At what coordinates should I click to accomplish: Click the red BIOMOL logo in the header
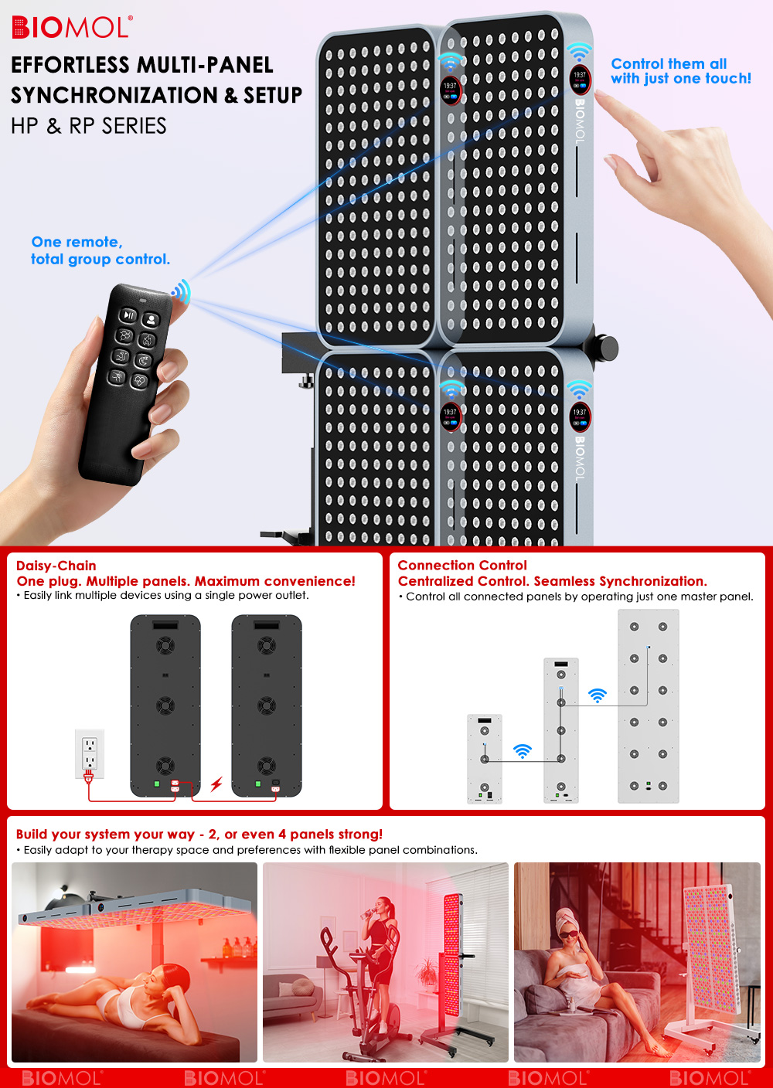72,27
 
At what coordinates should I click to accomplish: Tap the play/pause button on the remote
128,315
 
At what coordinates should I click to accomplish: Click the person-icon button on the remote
151,319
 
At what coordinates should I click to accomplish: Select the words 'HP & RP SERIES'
88,126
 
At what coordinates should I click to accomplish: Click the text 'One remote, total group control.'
100,250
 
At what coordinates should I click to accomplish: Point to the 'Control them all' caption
669,63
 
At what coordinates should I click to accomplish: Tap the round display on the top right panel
580,80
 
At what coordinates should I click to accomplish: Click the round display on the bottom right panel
580,416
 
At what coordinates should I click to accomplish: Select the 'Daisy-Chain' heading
56,566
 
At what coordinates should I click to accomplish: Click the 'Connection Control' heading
462,565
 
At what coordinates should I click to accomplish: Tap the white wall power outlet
90,753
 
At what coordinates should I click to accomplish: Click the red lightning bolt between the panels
216,784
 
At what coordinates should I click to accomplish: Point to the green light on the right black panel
258,784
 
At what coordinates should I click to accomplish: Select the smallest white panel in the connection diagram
485,759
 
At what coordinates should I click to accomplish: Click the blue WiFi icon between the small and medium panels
523,751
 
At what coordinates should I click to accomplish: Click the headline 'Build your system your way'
105,834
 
